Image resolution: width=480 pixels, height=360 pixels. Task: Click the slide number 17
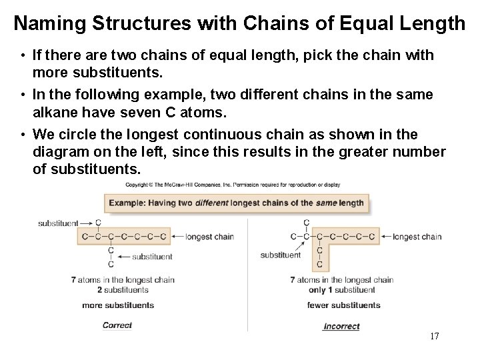click(x=435, y=336)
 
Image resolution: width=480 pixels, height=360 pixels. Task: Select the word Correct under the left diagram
click(x=117, y=325)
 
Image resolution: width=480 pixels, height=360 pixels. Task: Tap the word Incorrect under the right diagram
click(x=341, y=326)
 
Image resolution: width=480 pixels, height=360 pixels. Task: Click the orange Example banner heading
click(x=236, y=203)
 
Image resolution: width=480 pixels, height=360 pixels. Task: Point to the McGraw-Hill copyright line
click(x=233, y=185)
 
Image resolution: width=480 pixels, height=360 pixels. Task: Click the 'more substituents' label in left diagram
click(x=118, y=305)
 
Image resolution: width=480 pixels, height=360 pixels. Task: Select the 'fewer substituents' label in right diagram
click(x=343, y=305)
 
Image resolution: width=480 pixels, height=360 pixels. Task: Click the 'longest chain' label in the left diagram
click(x=209, y=237)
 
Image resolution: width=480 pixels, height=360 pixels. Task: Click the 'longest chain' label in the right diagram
click(x=417, y=237)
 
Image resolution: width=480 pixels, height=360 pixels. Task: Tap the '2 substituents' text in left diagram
click(x=123, y=290)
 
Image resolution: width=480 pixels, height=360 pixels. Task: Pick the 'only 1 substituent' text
click(x=342, y=290)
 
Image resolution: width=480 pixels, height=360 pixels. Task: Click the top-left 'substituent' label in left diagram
click(x=58, y=223)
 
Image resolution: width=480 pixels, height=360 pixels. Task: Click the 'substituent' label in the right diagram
click(x=280, y=255)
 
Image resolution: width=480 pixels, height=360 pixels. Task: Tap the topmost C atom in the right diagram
click(x=306, y=223)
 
